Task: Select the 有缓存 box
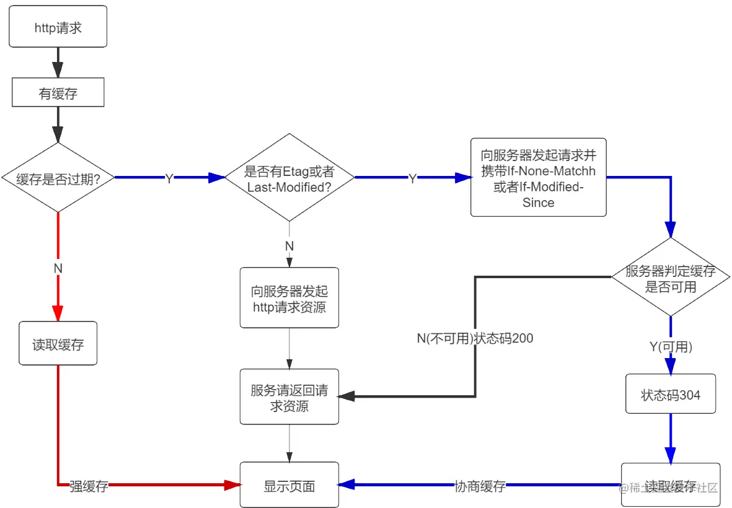[58, 94]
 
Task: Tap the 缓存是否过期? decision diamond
[58, 178]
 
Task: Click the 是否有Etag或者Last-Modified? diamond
[289, 178]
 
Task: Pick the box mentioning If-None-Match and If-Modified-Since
[538, 177]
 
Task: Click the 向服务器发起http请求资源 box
[289, 298]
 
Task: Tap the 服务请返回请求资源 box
[289, 398]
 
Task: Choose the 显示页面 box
[289, 486]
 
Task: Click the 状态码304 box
[671, 394]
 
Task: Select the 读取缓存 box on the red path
[58, 343]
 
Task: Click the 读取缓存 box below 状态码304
[671, 486]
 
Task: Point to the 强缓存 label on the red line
[89, 486]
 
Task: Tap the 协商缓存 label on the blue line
[480, 486]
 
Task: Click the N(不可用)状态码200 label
[475, 338]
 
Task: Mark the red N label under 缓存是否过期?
[58, 269]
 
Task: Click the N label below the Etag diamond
[289, 246]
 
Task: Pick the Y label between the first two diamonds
[169, 178]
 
